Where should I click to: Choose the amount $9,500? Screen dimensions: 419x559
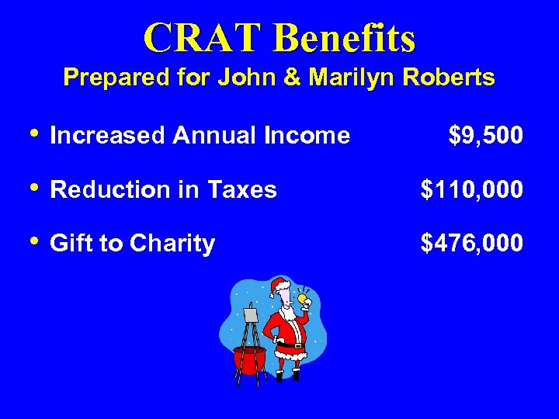click(486, 137)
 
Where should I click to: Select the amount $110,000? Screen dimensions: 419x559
click(472, 190)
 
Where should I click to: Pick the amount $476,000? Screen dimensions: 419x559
click(472, 244)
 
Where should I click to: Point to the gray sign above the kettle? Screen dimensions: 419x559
click(249, 314)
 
